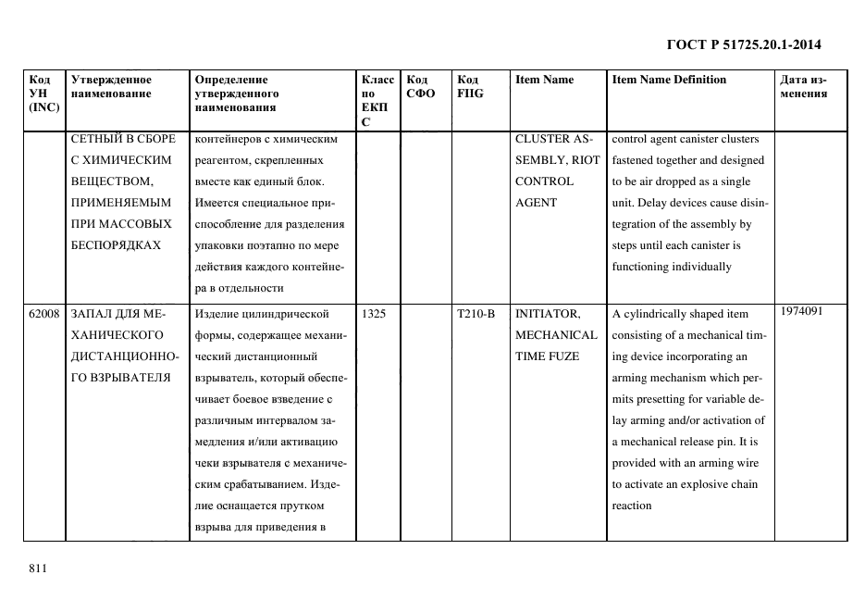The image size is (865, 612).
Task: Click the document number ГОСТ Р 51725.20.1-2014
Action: click(x=744, y=44)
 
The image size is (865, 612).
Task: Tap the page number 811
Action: click(x=38, y=568)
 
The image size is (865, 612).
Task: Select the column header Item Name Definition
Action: click(x=669, y=80)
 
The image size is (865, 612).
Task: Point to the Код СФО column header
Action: click(x=420, y=86)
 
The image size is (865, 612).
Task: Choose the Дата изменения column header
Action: click(x=802, y=86)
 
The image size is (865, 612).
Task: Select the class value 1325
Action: click(x=374, y=314)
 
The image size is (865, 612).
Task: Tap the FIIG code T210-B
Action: click(x=476, y=314)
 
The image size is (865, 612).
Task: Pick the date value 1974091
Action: click(x=801, y=311)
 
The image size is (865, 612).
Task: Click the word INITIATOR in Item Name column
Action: click(x=547, y=314)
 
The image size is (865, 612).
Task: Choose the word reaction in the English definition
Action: click(x=632, y=506)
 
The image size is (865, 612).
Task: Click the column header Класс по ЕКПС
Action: click(x=377, y=100)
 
